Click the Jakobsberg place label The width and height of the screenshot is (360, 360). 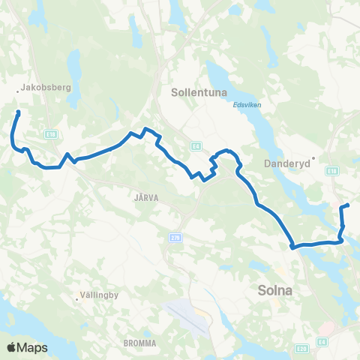pyautogui.click(x=47, y=87)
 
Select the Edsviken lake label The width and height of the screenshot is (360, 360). pyautogui.click(x=247, y=104)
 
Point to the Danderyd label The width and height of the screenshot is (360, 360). pyautogui.click(x=287, y=162)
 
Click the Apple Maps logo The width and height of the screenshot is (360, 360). pyautogui.click(x=27, y=347)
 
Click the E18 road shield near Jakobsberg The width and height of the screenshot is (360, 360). pyautogui.click(x=49, y=134)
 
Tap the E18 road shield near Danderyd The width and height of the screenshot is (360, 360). pyautogui.click(x=331, y=171)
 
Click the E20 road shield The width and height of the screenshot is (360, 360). pyautogui.click(x=301, y=348)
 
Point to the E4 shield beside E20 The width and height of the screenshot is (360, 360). pyautogui.click(x=321, y=343)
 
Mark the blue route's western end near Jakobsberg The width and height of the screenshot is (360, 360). pyautogui.click(x=17, y=113)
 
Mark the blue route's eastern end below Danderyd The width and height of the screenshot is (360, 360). pyautogui.click(x=348, y=205)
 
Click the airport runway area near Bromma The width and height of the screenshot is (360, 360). pyautogui.click(x=188, y=316)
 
